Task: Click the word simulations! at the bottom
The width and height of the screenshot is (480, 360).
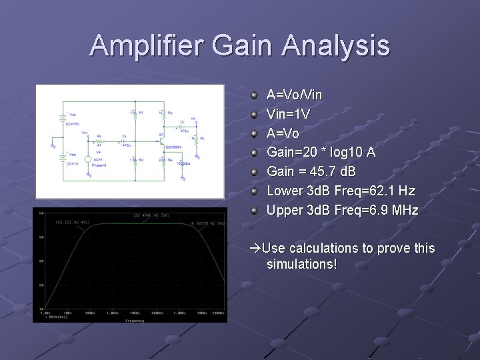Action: pyautogui.click(x=301, y=265)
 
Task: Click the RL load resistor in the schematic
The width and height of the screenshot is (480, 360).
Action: pyautogui.click(x=195, y=139)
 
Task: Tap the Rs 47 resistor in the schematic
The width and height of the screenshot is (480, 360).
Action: pyautogui.click(x=99, y=141)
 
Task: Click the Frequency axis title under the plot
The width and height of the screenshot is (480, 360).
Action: pyautogui.click(x=134, y=321)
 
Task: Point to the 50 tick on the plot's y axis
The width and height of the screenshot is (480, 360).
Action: pyautogui.click(x=41, y=213)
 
